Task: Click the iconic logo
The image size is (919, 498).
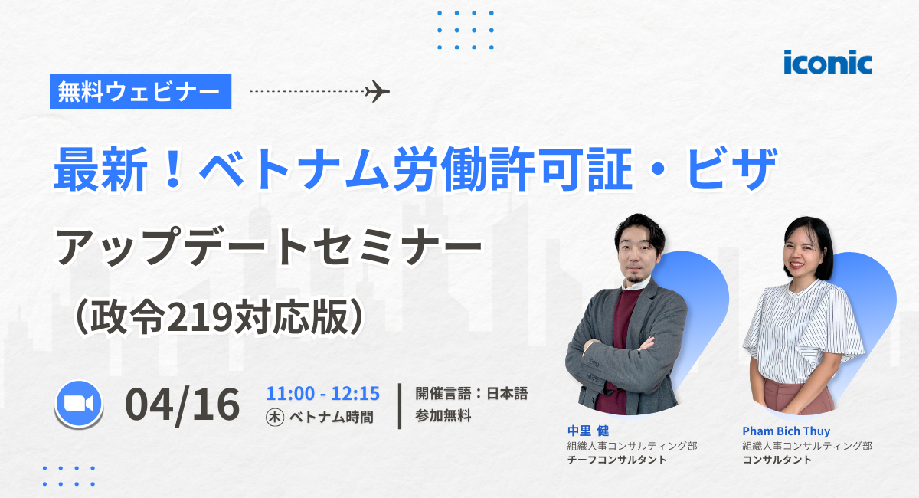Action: [x=827, y=62]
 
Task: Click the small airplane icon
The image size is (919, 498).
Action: [x=377, y=91]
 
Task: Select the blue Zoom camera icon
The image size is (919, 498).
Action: [x=79, y=405]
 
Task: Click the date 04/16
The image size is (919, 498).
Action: [x=183, y=405]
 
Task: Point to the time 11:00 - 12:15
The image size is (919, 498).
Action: [x=322, y=394]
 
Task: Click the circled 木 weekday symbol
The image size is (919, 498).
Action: [x=273, y=418]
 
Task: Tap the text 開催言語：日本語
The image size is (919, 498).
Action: [x=471, y=394]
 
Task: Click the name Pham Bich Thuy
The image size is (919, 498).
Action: [x=786, y=431]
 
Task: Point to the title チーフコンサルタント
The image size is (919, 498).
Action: [x=616, y=460]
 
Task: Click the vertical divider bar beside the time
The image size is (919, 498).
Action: [x=401, y=405]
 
